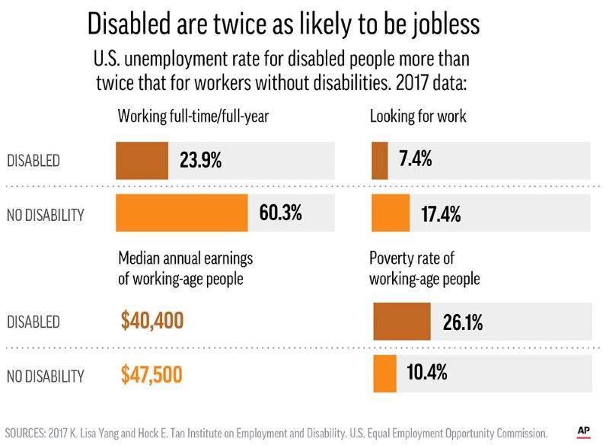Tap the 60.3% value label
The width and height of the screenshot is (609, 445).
click(281, 213)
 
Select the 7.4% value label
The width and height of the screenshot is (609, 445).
click(416, 160)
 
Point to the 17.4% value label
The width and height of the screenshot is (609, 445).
click(441, 214)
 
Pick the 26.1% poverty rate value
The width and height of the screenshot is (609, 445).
click(463, 322)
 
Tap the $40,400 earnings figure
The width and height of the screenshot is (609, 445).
click(152, 321)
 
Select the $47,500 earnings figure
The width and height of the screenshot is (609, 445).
click(152, 374)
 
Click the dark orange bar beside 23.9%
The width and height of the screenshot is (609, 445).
click(142, 161)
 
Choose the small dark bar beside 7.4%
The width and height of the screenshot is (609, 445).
click(379, 160)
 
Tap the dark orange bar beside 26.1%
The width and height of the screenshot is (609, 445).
click(401, 321)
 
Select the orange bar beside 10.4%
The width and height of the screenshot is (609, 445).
click(384, 374)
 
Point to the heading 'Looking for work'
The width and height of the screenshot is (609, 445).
click(418, 117)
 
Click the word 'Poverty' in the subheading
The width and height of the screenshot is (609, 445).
click(392, 258)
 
